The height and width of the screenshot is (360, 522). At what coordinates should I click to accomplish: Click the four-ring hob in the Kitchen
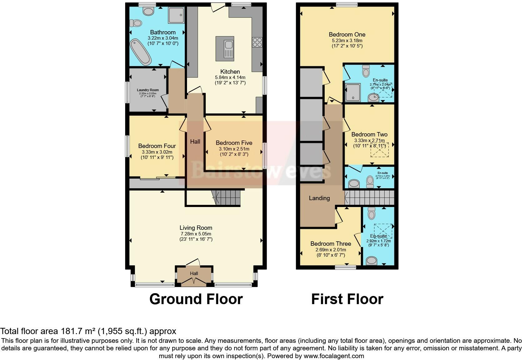[x=257, y=42]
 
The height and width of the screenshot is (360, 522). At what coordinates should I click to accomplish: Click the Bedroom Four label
[x=157, y=146]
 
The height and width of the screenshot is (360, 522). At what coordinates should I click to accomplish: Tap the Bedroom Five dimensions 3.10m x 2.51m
[x=234, y=149]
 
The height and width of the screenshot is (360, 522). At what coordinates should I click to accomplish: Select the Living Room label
[x=196, y=228]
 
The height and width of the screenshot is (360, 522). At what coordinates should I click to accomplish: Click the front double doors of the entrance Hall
[x=194, y=282]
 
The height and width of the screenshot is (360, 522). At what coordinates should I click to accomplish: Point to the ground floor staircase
[x=228, y=198]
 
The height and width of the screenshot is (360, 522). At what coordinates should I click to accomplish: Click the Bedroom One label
[x=347, y=34]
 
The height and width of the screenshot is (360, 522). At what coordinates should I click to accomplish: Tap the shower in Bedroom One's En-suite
[x=353, y=92]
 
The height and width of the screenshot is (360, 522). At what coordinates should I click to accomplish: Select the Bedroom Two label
[x=369, y=134]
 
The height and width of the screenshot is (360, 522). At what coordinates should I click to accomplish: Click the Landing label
[x=319, y=198]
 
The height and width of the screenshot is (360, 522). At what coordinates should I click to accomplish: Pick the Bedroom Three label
[x=331, y=244]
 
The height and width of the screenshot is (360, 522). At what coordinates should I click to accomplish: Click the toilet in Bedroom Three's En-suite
[x=372, y=213]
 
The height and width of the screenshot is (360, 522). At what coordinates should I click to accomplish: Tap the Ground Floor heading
[x=196, y=299]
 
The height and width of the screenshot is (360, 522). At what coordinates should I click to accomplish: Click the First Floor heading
[x=347, y=299]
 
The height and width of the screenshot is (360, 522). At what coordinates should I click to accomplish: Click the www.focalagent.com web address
[x=334, y=356]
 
